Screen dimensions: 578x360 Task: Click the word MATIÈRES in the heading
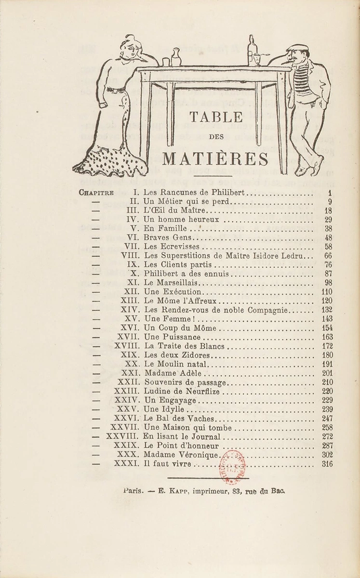coord(215,159)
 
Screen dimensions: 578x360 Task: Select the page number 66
coord(328,256)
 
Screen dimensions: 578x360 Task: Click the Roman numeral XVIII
coord(127,346)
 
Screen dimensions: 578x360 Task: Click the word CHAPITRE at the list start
coord(96,193)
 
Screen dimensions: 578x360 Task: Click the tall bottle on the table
coord(252,50)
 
